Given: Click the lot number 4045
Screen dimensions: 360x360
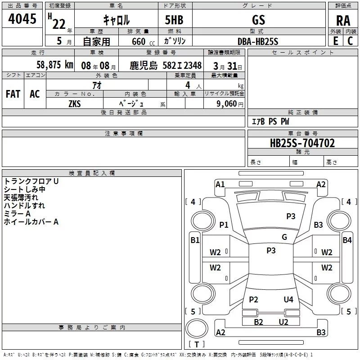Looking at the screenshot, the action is (22, 19).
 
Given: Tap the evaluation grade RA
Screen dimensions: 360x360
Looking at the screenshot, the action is (343, 20).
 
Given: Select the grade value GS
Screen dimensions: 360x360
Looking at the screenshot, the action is (258, 20).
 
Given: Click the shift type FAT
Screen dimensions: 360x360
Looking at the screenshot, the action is (13, 94).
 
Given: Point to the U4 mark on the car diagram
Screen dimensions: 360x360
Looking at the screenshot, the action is (288, 300).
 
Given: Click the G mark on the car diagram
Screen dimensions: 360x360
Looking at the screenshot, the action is (284, 237).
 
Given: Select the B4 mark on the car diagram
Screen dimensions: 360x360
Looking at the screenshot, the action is (347, 240).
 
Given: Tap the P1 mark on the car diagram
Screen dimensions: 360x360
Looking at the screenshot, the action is (224, 225).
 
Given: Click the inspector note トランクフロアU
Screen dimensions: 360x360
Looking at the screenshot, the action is (31, 181).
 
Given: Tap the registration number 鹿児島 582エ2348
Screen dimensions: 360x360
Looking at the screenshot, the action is (166, 65).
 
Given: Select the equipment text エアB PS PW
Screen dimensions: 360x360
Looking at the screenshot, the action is (270, 122).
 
